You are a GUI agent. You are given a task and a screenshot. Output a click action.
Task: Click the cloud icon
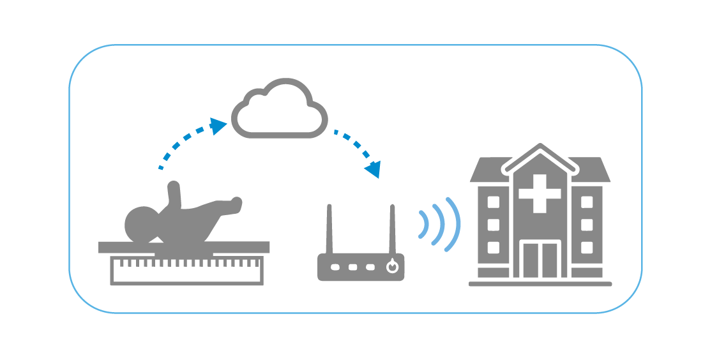pyautogui.click(x=280, y=110)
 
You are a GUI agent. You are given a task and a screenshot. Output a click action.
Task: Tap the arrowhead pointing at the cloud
pyautogui.click(x=219, y=126)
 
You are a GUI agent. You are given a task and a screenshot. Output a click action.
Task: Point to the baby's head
pyautogui.click(x=140, y=223)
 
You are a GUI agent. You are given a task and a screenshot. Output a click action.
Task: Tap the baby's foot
pyautogui.click(x=236, y=204)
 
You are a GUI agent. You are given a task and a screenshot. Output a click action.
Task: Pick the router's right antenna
pyautogui.click(x=392, y=230)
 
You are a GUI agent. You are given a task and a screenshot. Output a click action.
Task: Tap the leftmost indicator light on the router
pyautogui.click(x=335, y=266)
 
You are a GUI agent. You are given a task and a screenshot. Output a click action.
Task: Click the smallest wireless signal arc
pyautogui.click(x=424, y=224)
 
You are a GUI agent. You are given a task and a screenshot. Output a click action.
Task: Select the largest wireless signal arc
pyautogui.click(x=455, y=224)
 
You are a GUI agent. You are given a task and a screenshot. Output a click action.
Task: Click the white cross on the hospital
pyautogui.click(x=540, y=193)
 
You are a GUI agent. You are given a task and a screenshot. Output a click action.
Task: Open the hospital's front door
pyautogui.click(x=540, y=260)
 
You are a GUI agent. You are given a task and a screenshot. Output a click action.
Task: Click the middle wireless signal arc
pyautogui.click(x=439, y=224)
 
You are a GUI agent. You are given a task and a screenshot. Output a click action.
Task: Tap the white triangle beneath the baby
pyautogui.click(x=156, y=240)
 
